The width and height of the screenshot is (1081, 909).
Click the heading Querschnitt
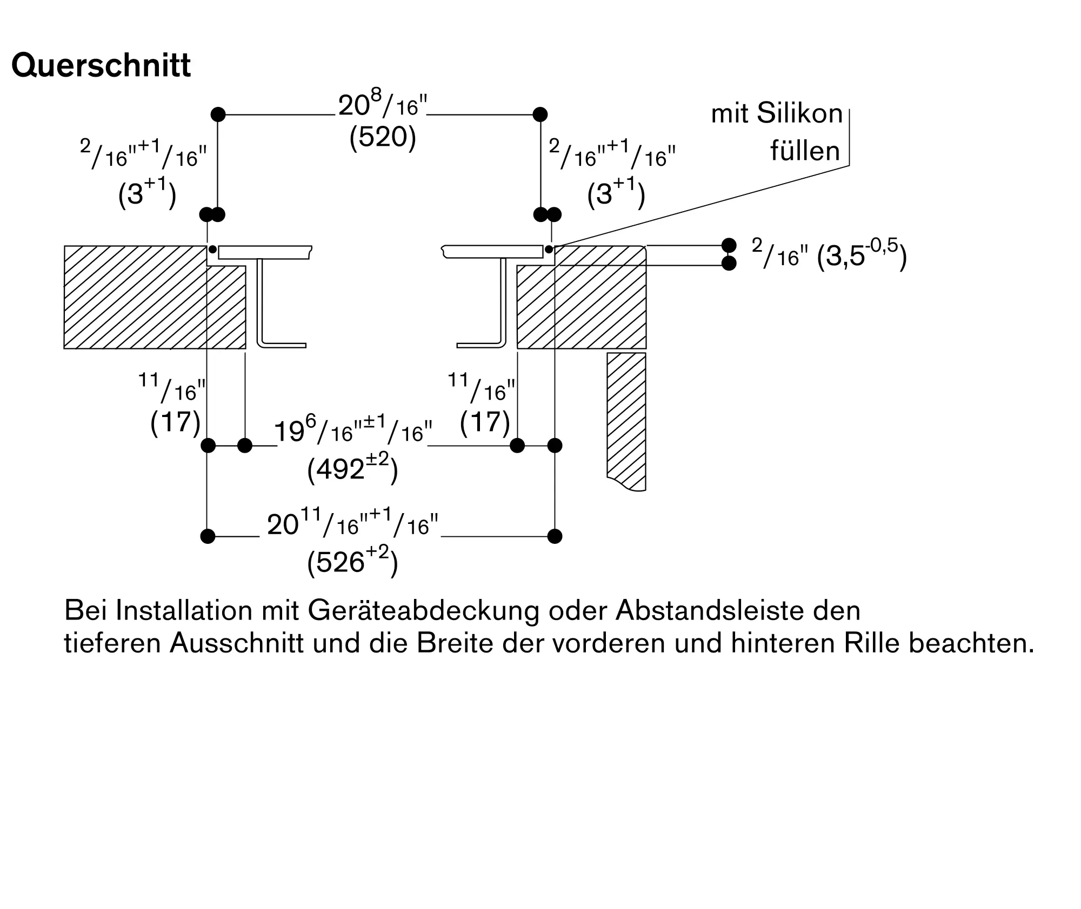101,66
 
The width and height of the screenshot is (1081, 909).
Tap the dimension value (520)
383,138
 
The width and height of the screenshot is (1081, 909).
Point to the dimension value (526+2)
352,561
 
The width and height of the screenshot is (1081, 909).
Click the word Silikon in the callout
799,114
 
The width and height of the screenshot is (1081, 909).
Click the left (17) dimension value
175,422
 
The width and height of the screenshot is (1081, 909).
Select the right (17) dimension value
485,422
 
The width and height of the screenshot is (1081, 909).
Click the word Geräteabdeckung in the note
423,611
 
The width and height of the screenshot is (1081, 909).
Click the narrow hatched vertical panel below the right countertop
626,421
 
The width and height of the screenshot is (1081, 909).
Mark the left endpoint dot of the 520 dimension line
218,115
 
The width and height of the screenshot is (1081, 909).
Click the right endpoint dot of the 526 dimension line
555,536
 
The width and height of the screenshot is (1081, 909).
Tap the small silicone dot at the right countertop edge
549,250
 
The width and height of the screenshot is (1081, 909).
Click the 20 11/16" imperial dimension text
352,523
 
